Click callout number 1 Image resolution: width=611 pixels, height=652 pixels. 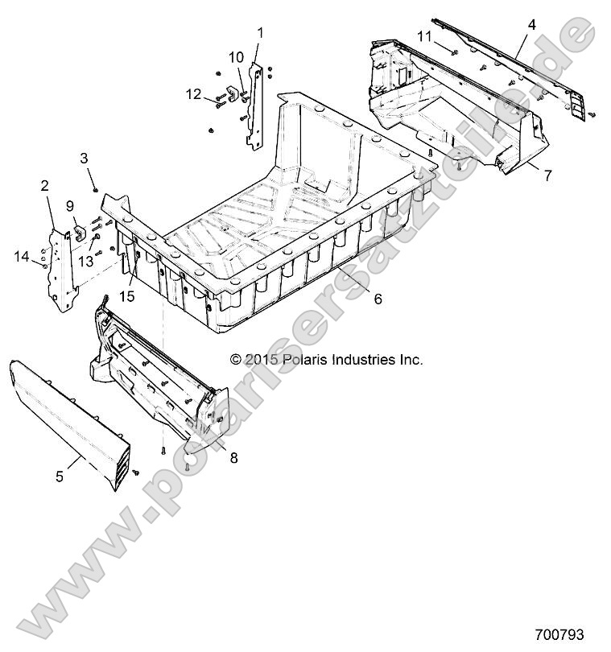(x=261, y=32)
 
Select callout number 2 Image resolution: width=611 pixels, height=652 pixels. (x=45, y=186)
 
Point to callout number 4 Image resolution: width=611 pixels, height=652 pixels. (x=531, y=25)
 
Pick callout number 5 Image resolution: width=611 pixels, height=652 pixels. (x=60, y=476)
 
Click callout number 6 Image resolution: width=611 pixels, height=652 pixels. (x=378, y=299)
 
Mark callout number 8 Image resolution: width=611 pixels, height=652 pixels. (x=233, y=458)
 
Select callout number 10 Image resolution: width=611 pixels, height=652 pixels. (x=236, y=57)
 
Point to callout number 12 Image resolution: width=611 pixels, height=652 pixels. (x=192, y=95)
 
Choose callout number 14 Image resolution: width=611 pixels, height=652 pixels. (x=22, y=256)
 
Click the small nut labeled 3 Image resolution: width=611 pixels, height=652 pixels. (x=96, y=190)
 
